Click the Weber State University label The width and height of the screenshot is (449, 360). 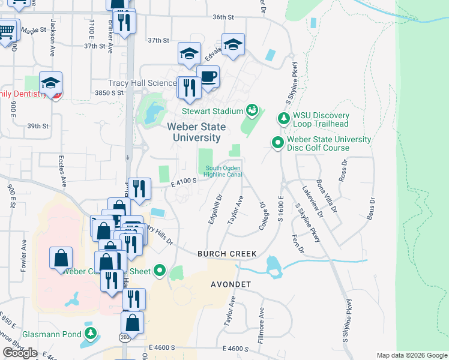coord(196,132)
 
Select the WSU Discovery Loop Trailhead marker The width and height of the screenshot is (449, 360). coord(283,118)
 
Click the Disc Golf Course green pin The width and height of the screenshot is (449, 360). coord(277,143)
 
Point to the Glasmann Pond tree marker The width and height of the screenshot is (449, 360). coord(90,333)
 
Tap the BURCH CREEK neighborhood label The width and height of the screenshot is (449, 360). coord(227,254)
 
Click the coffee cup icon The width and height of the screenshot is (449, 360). coord(208,77)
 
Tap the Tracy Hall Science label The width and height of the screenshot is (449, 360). coord(142,83)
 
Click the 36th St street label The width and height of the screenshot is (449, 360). coord(222,17)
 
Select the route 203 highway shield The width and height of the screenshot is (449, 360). coord(125,337)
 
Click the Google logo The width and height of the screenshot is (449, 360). coord(20,353)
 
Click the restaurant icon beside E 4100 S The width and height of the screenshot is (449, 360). coord(139,189)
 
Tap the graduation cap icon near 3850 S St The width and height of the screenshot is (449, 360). coord(51,83)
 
